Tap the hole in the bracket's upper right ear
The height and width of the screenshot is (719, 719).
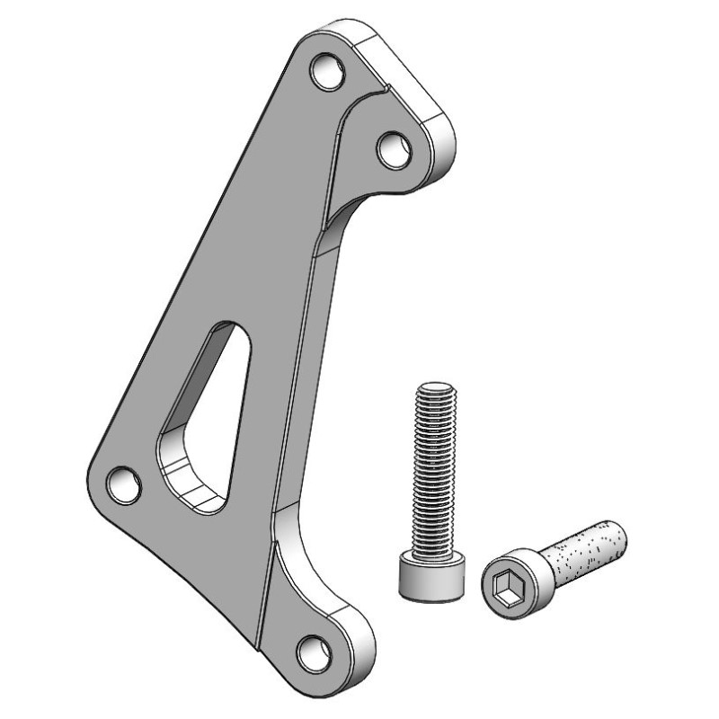point(392,148)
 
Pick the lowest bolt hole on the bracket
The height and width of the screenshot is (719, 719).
point(315,651)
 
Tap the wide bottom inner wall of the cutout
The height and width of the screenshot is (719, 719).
point(193,485)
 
